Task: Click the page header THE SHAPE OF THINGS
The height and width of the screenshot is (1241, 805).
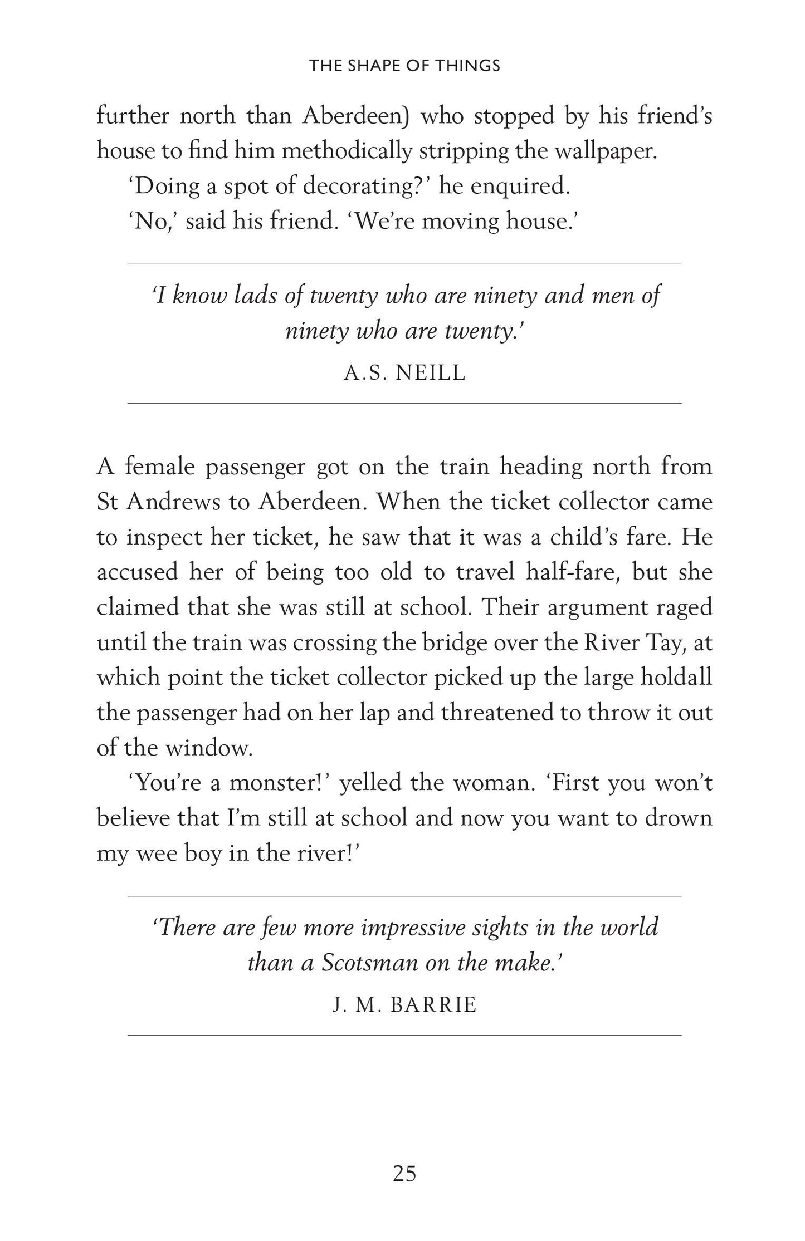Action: tap(404, 66)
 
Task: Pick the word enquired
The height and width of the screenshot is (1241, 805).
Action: tap(520, 187)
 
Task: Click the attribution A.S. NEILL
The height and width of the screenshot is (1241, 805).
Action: tap(404, 373)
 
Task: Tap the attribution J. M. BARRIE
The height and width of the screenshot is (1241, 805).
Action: tap(404, 1005)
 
